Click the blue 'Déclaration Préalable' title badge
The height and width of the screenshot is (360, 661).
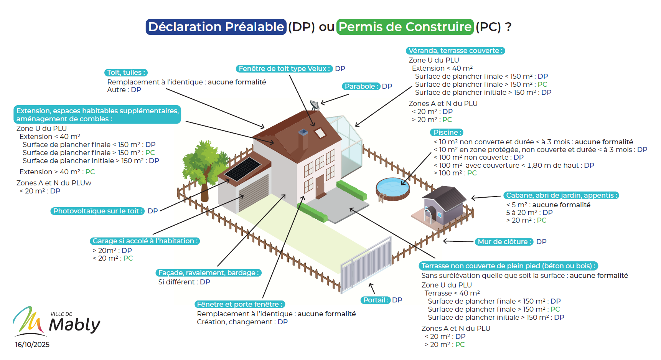(x=216, y=27)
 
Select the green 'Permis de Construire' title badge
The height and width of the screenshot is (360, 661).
(x=405, y=27)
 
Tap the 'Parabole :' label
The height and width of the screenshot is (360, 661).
(x=361, y=86)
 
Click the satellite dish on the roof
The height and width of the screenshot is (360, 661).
(x=315, y=104)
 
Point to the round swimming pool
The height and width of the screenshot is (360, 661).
(x=392, y=188)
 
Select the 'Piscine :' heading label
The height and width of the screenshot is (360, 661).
(x=446, y=132)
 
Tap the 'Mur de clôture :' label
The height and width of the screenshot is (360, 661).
(x=504, y=242)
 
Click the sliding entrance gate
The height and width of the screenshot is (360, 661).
(x=366, y=265)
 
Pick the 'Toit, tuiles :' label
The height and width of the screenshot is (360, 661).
(x=126, y=73)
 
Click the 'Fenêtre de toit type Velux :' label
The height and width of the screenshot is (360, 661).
(x=284, y=69)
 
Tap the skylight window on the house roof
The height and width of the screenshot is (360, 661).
(x=320, y=133)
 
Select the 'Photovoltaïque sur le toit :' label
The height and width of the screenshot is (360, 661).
(x=97, y=211)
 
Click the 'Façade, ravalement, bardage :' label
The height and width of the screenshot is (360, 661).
(x=208, y=273)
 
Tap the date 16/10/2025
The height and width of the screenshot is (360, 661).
(x=32, y=345)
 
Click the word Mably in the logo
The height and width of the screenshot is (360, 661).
(x=75, y=325)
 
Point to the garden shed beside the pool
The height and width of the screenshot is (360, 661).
(x=445, y=203)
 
